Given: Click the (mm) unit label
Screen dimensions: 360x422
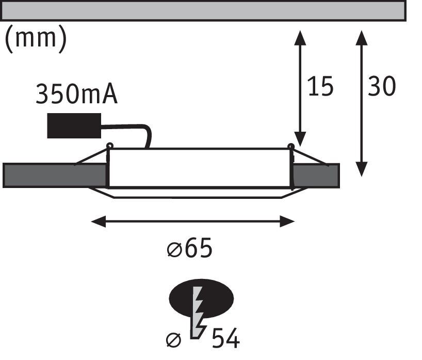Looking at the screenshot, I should tap(36, 39).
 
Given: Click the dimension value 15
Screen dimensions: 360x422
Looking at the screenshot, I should tap(320, 86).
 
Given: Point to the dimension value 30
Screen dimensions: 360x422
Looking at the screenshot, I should tap(382, 86).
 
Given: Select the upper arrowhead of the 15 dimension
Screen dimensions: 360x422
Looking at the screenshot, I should tap(299, 36).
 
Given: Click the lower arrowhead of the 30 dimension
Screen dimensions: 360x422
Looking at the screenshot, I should tap(362, 170).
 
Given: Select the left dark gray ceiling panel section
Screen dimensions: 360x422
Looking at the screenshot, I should tap(54, 176).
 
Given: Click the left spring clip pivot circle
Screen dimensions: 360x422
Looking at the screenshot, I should tap(110, 146).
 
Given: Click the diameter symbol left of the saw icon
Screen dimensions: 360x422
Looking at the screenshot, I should tap(174, 340).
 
